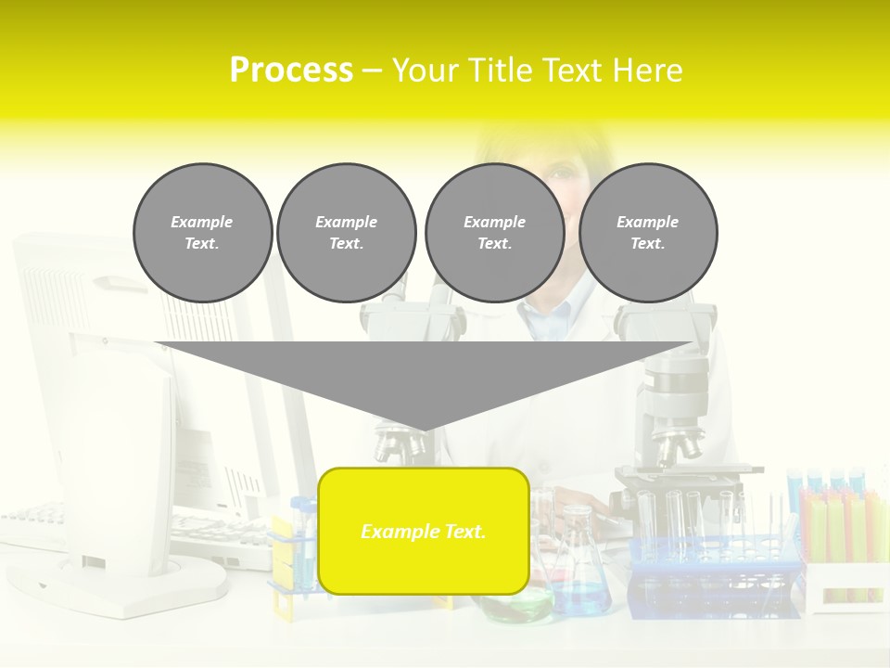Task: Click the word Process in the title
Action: point(291,70)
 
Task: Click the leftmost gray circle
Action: point(203,233)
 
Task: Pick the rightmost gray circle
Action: point(648,233)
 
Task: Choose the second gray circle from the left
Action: point(347,233)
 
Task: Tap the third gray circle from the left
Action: point(495,233)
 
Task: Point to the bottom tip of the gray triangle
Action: point(424,429)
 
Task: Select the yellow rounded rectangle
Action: point(424,531)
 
